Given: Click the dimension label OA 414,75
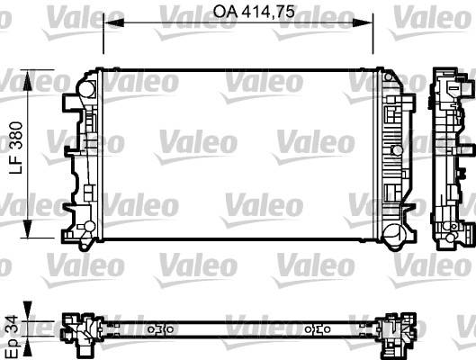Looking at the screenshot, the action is [254, 12].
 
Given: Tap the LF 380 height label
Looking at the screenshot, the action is [16, 148].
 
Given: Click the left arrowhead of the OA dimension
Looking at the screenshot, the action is [113, 22].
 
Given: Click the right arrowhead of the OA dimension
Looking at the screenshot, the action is [363, 22].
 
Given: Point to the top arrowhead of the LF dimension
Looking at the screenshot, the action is [28, 80].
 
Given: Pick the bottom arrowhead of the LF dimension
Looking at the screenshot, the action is [28, 229].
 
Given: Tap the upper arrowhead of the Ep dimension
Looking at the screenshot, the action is [28, 310].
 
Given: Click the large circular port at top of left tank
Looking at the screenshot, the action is [86, 88].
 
